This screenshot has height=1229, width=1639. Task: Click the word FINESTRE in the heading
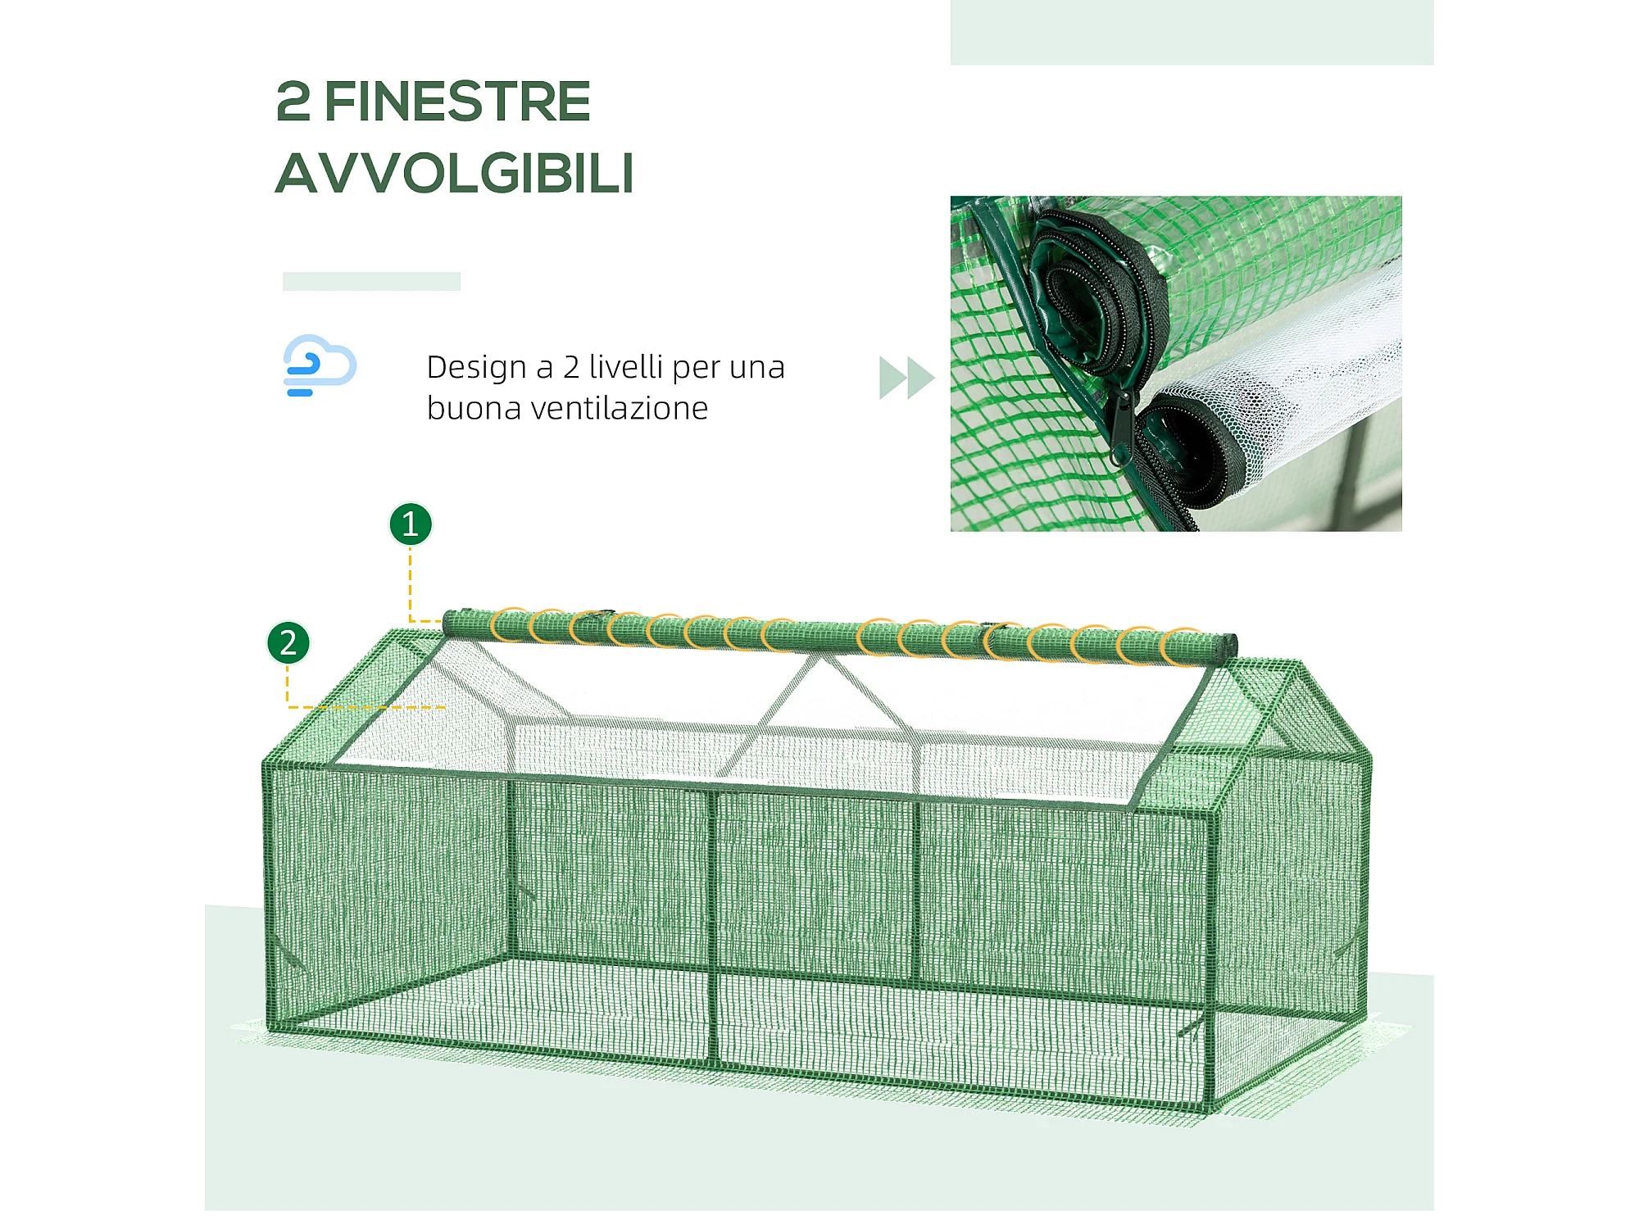tap(457, 102)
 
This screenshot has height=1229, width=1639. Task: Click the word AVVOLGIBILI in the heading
tap(455, 174)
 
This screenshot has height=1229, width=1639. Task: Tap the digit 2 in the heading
tap(293, 102)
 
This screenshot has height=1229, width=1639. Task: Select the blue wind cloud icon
tap(320, 365)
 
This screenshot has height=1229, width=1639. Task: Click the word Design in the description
tap(476, 368)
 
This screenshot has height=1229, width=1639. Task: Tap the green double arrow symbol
tap(906, 378)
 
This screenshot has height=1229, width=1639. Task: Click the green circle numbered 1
tap(411, 524)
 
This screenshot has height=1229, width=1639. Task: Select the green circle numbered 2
tap(288, 643)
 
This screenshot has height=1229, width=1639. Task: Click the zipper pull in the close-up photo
tap(1120, 428)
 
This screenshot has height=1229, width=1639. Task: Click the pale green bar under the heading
tap(371, 281)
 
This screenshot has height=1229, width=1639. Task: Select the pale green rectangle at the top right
tap(1192, 33)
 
